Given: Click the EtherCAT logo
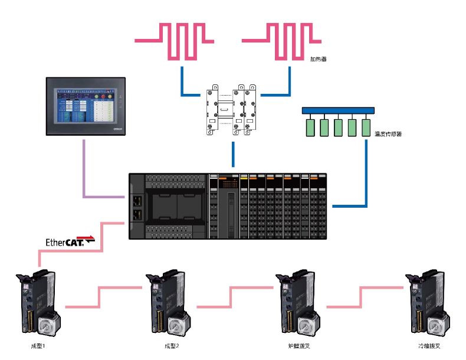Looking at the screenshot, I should point(70,241).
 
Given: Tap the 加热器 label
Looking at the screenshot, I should point(319,59).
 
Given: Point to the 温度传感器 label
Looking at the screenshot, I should point(388,135).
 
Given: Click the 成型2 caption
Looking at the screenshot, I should point(172,346).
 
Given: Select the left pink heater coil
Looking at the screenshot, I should point(175,41).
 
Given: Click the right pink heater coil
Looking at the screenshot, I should point(282,41).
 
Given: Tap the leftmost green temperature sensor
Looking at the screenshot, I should point(310,128).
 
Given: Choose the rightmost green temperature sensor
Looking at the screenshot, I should point(366,128).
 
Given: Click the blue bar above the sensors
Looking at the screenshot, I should point(337,110).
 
